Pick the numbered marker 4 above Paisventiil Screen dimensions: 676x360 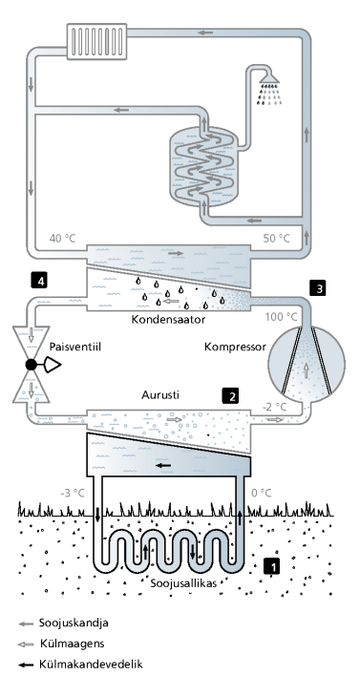tap(37, 281)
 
